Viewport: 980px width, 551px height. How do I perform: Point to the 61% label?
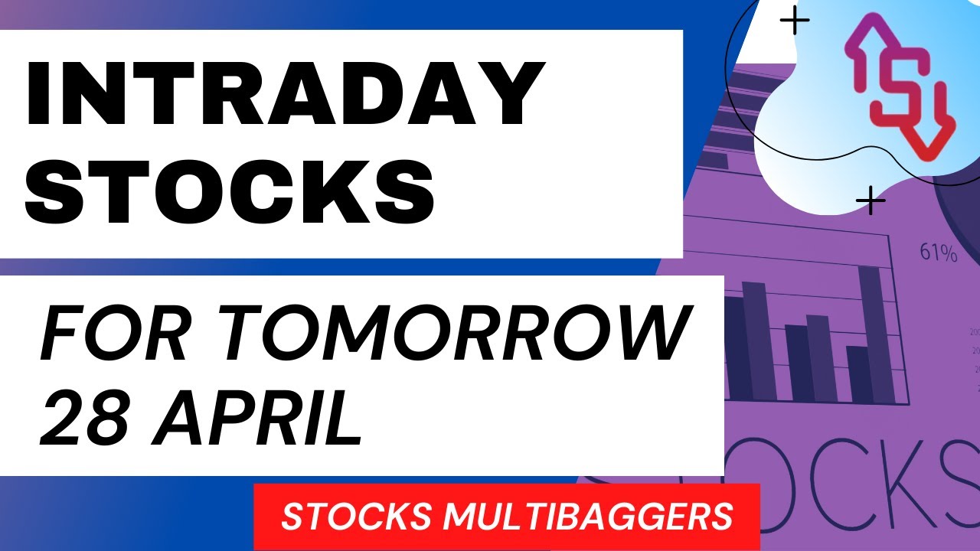(x=939, y=253)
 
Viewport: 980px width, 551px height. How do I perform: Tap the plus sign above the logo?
(x=795, y=22)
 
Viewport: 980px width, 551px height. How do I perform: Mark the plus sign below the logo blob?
(x=871, y=202)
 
